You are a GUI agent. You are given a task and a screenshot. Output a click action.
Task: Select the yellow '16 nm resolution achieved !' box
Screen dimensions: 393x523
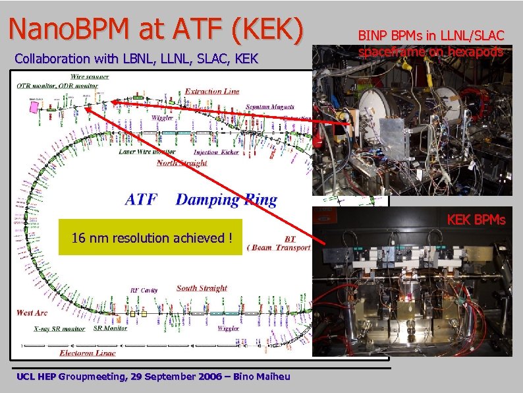point(151,237)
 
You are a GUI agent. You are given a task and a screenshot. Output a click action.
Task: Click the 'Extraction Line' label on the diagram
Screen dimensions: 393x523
point(212,92)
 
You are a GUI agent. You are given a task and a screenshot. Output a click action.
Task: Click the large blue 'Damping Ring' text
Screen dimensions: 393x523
point(227,200)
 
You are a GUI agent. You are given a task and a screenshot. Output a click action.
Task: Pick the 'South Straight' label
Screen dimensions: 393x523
point(202,288)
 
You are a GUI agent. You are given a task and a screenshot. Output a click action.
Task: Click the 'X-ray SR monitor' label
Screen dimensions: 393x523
point(61,328)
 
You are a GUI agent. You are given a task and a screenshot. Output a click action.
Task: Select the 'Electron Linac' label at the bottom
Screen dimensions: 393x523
point(88,353)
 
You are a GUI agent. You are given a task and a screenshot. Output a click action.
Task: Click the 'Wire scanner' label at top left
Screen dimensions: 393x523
point(90,77)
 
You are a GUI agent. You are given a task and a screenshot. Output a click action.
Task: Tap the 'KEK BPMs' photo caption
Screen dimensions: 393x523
point(476,220)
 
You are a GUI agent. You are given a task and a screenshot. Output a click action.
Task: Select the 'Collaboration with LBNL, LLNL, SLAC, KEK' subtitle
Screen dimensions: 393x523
point(136,59)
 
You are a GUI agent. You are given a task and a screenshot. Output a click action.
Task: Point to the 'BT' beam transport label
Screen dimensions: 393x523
point(290,239)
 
